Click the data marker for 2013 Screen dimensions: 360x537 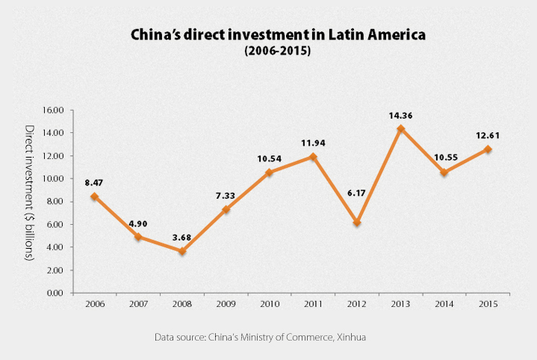[401, 129]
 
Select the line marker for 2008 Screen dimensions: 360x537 [182, 251]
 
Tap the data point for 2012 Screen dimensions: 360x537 [357, 223]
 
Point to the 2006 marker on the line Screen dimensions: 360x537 [95, 196]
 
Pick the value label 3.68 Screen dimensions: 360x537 [182, 238]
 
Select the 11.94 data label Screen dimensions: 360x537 [314, 142]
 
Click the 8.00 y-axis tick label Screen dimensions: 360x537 [56, 202]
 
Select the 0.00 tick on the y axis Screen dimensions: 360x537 [56, 293]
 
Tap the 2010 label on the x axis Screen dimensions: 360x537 [270, 305]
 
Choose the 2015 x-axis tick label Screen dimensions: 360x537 [488, 305]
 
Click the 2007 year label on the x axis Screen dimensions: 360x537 [139, 305]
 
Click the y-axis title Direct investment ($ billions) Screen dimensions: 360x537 [30, 193]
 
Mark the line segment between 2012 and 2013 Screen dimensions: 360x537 [379, 176]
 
